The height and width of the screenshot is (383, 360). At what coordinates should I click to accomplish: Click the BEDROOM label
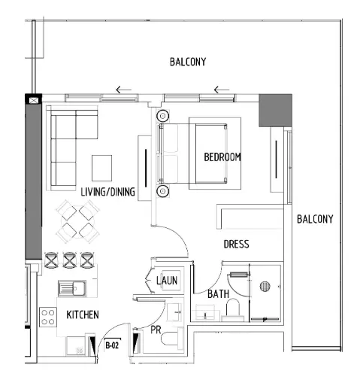pos(222,157)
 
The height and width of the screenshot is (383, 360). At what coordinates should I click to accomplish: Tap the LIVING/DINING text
pos(107,193)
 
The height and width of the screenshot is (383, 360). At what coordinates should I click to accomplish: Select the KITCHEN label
pos(83,314)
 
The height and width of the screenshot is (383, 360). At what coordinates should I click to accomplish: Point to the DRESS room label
pos(236,245)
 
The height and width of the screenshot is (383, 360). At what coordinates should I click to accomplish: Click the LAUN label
pos(166,281)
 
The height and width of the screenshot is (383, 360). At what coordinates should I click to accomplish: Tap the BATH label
pos(218,294)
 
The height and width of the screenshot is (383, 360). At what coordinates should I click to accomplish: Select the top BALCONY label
pos(187,62)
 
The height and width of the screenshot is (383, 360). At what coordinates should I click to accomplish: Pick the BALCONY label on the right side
pos(314,219)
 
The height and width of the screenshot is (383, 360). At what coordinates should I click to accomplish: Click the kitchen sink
pos(74,287)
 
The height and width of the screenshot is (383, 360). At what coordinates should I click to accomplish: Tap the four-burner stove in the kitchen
pos(49,317)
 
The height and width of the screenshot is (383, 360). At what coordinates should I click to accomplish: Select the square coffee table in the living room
pos(102,166)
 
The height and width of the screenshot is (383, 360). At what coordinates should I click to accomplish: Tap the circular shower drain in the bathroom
pos(264,285)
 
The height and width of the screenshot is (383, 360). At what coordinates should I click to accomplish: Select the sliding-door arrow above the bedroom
pos(221,91)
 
